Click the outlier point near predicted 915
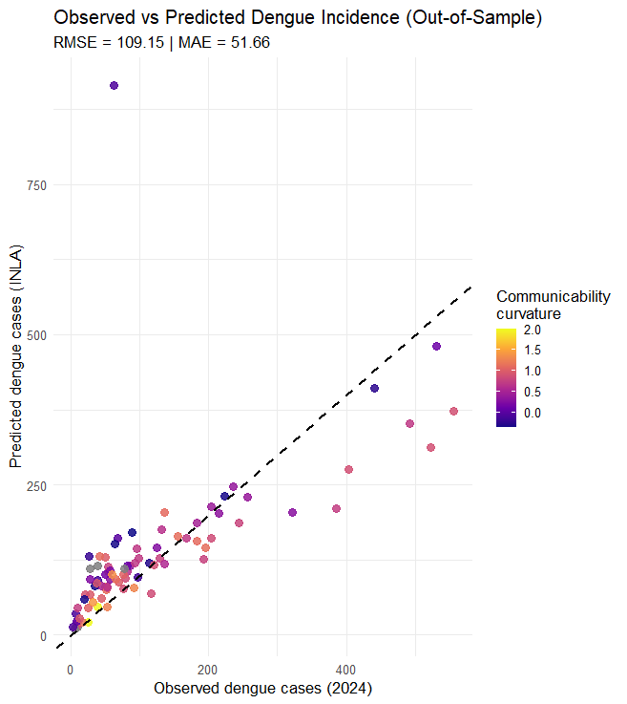(x=114, y=86)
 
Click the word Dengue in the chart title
(x=281, y=18)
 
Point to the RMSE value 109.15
(x=140, y=43)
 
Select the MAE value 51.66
(x=250, y=43)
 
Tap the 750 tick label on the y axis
(x=36, y=185)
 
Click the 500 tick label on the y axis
(x=36, y=336)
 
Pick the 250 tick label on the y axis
(x=36, y=486)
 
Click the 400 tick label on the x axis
(x=345, y=671)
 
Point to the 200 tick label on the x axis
(x=208, y=671)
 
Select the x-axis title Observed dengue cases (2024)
(x=262, y=689)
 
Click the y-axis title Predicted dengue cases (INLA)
(x=15, y=356)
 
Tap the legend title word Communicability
(x=553, y=297)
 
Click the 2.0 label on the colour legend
(x=533, y=330)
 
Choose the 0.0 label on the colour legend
(x=533, y=413)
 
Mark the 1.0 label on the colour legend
(x=533, y=372)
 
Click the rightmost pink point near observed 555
(x=453, y=412)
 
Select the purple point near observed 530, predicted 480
(x=436, y=346)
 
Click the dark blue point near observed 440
(x=374, y=389)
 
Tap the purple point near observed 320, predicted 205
(x=292, y=512)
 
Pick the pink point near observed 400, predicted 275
(x=348, y=470)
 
